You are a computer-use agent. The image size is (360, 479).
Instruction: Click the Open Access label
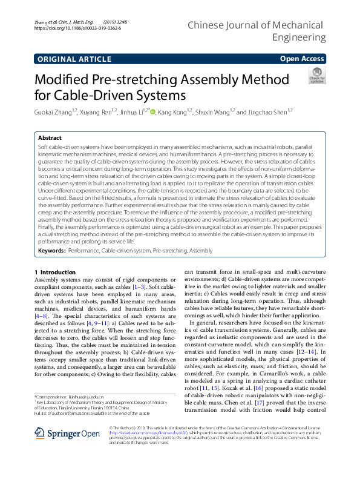coord(303,59)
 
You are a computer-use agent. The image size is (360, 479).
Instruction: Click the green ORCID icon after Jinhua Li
coord(152,111)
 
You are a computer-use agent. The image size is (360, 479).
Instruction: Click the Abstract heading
coord(49,139)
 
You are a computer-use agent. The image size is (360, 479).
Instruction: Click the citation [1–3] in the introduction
coord(139,286)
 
